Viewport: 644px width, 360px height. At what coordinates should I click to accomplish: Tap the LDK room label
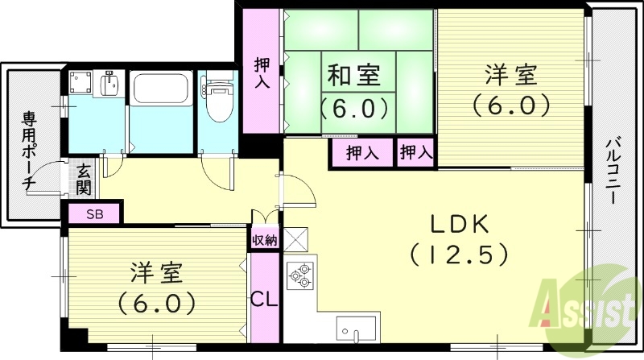point(458,223)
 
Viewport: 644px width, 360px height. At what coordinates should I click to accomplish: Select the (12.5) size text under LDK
point(458,254)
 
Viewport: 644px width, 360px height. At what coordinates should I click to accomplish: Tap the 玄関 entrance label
point(84,179)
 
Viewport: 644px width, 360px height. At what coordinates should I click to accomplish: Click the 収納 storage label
point(265,239)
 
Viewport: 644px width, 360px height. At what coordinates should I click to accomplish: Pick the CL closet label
point(263,299)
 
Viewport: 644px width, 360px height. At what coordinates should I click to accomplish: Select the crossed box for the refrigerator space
point(295,239)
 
